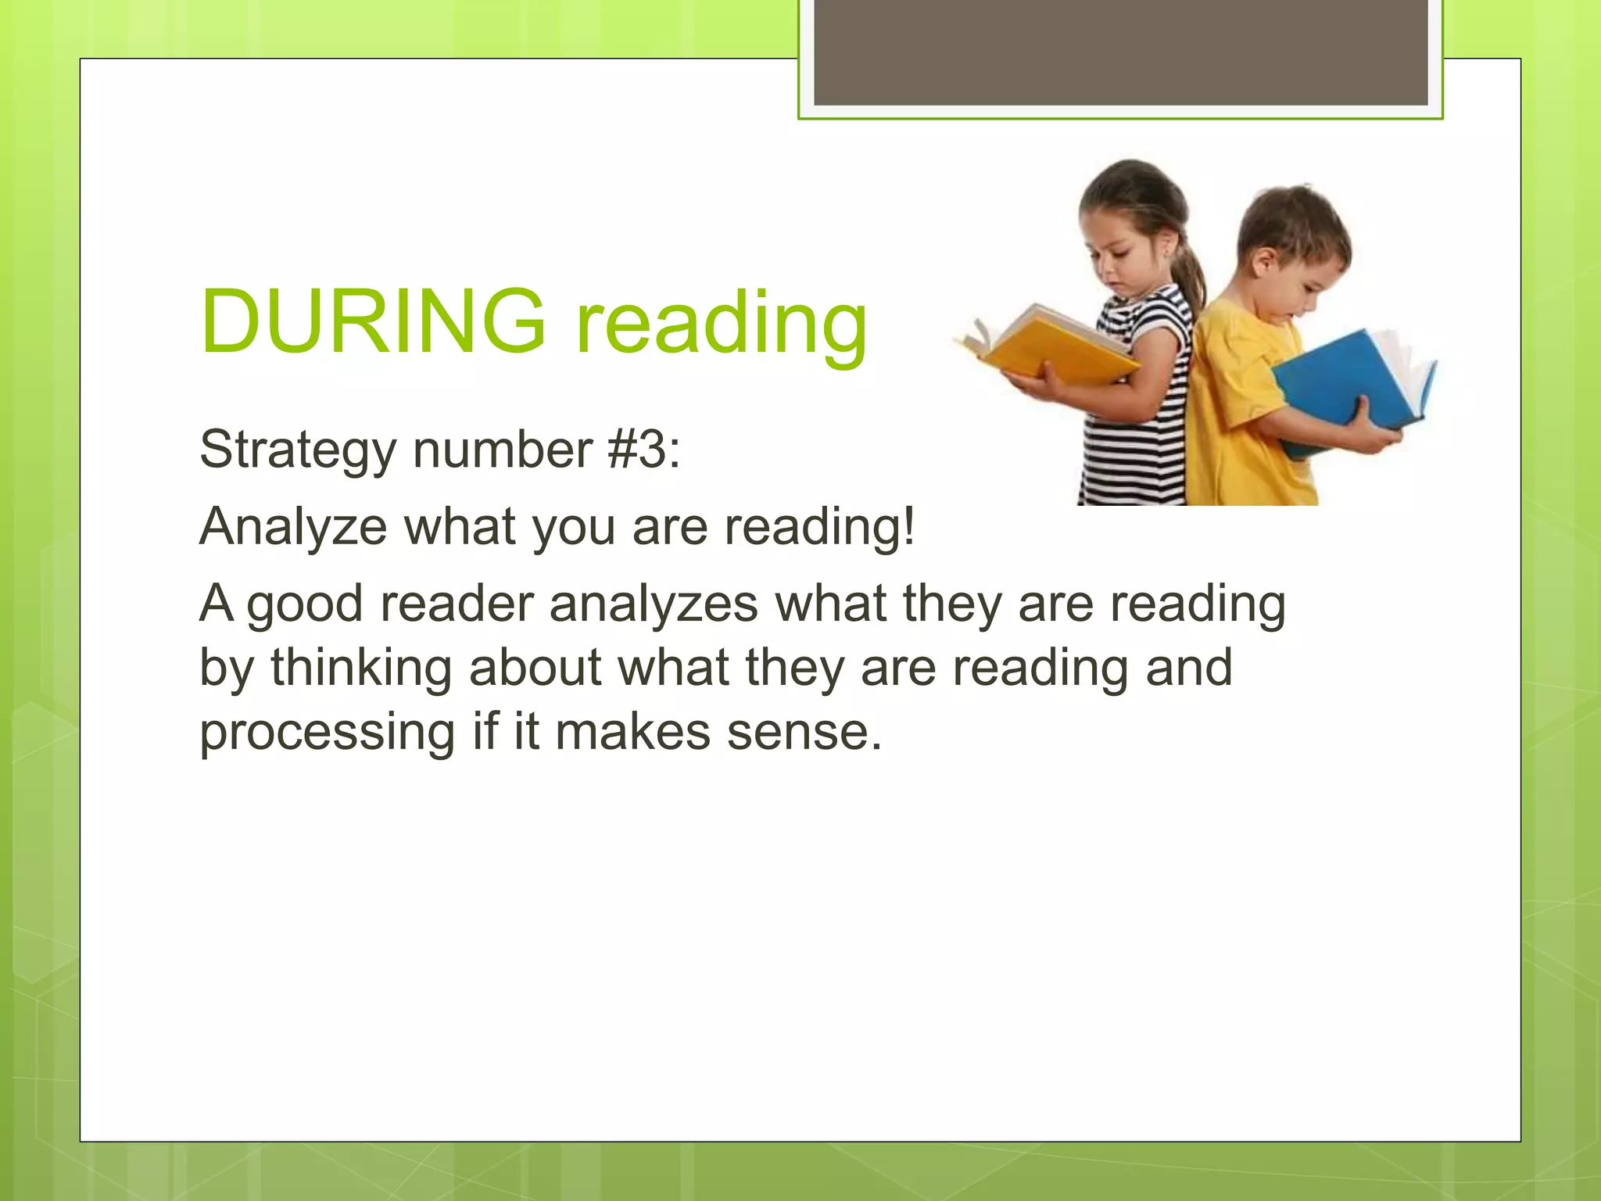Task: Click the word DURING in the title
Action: coord(372,321)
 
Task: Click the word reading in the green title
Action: coord(722,324)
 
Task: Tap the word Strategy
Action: coord(298,452)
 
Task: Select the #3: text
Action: coord(643,450)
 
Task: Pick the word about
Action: coord(535,669)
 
